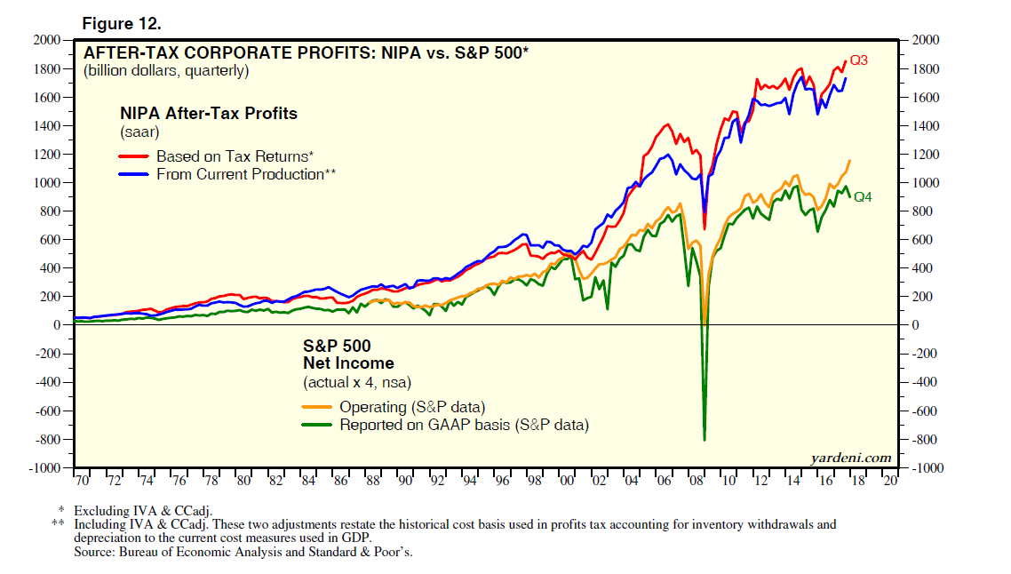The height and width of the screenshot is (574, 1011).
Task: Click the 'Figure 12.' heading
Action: click(120, 21)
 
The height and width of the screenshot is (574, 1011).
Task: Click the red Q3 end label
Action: click(858, 61)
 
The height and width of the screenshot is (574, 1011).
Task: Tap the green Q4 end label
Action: click(863, 197)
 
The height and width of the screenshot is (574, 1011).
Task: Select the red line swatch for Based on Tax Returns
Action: click(134, 156)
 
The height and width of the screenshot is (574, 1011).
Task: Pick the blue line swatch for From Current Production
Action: click(134, 174)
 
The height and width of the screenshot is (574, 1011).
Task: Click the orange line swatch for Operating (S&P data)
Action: click(317, 407)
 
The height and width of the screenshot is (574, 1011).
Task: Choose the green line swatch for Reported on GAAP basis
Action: click(317, 425)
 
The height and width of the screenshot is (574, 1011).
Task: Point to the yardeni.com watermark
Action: click(850, 458)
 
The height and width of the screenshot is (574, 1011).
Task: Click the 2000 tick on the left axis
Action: click(45, 40)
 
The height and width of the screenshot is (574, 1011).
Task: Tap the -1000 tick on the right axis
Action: click(925, 468)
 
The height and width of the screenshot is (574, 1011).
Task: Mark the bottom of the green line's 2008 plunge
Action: click(705, 440)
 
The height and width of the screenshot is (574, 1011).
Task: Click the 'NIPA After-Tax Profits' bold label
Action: click(209, 114)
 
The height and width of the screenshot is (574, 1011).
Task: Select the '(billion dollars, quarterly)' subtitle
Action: click(166, 70)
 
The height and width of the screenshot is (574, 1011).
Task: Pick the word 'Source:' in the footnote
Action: click(92, 552)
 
